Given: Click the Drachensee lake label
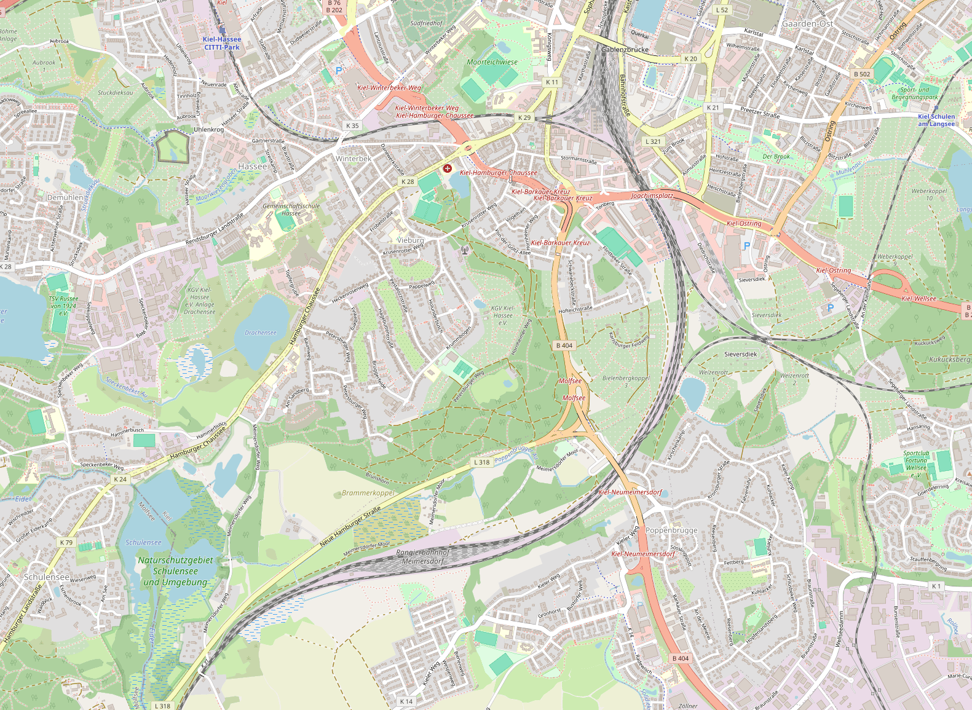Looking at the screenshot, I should (261, 333).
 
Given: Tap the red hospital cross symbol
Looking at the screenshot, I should (448, 168).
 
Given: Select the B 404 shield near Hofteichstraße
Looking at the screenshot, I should (564, 345).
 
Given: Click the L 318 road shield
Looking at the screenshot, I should (481, 462).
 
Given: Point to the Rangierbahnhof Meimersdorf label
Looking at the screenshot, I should (423, 557).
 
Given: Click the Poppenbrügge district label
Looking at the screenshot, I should (671, 530).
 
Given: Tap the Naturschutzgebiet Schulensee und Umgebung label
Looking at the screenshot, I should (175, 571).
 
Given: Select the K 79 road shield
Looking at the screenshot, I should (66, 543).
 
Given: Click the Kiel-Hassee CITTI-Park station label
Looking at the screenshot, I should (222, 43).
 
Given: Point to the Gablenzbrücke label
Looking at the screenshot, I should (625, 49).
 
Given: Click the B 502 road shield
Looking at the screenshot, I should (862, 74).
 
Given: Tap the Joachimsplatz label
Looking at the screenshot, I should (652, 195).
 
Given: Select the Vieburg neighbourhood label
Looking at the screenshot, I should (410, 240).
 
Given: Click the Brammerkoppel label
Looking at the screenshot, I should (368, 493).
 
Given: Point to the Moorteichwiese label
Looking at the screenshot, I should (492, 62).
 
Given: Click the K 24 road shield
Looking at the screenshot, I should (120, 479).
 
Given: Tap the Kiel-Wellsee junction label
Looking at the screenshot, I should (919, 299).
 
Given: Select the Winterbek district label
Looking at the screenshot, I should (354, 159).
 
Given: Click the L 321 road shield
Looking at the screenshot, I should (653, 141).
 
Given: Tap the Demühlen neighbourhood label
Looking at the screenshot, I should (65, 197).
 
